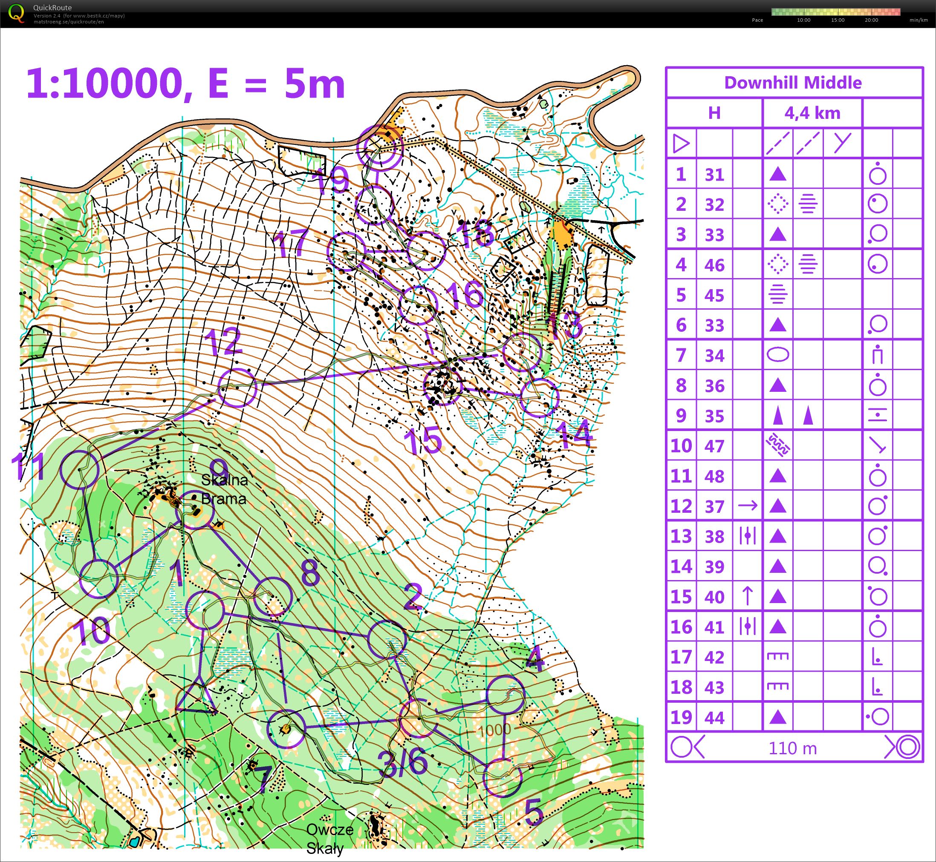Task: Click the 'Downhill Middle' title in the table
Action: click(793, 83)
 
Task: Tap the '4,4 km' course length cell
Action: click(812, 113)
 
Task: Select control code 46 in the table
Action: click(714, 265)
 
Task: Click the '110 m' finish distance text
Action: click(793, 748)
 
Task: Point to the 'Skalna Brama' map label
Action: click(224, 489)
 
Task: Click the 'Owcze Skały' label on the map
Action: click(329, 839)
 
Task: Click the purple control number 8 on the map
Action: click(310, 572)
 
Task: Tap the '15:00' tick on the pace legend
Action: click(838, 20)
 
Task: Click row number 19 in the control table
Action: click(681, 717)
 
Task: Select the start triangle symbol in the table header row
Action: click(681, 143)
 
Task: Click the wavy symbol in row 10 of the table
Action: click(777, 445)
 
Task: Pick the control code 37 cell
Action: click(714, 506)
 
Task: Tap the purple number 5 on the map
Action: click(534, 812)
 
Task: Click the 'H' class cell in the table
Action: click(714, 113)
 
